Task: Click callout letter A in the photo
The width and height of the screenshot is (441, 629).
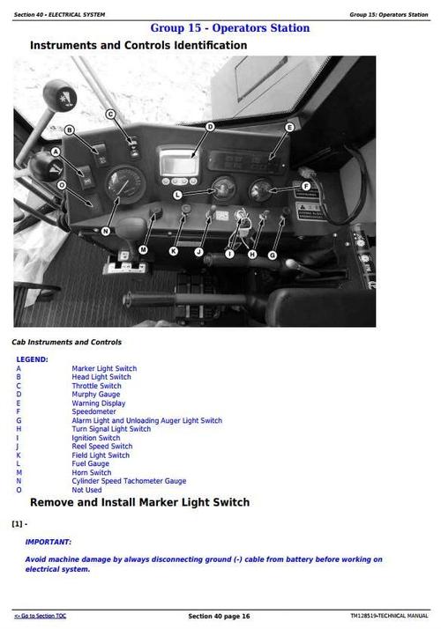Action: (55, 152)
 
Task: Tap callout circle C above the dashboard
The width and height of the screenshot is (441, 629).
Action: (111, 114)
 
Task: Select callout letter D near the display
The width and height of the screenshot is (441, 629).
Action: (210, 127)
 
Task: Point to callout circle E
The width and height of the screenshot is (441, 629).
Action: (288, 129)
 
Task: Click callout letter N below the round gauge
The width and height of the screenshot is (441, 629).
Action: (105, 231)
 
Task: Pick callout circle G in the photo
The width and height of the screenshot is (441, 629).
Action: (272, 255)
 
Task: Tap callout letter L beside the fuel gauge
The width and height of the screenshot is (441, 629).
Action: (178, 195)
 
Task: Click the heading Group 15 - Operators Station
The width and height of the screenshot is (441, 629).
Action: (230, 28)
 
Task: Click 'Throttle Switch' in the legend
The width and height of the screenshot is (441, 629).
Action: (96, 386)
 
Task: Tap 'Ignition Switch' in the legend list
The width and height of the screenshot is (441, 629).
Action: (95, 438)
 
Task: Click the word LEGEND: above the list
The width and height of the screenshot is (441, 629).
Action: (32, 359)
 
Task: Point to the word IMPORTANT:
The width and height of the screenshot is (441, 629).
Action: (49, 542)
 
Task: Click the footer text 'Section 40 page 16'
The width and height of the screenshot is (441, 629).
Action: (219, 615)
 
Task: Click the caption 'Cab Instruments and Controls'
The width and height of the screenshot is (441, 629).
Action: (66, 342)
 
